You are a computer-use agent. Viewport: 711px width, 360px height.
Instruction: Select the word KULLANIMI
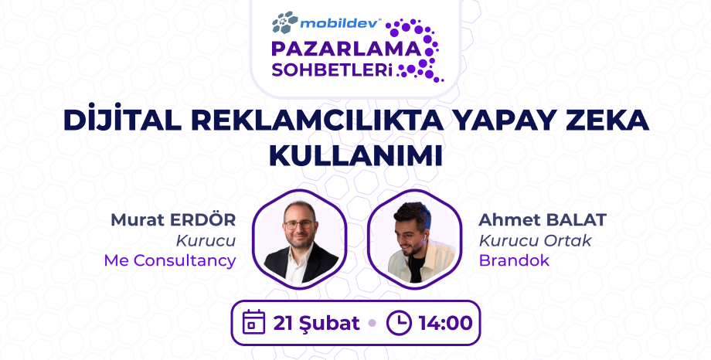point(355,153)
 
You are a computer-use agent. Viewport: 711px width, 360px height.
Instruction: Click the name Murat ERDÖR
point(173,219)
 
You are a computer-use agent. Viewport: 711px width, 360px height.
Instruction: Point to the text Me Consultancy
point(170,260)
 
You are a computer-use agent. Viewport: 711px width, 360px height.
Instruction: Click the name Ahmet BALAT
point(543,219)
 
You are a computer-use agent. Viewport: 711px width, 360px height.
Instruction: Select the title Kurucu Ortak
point(535,240)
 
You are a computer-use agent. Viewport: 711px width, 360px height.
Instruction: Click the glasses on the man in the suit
point(299,225)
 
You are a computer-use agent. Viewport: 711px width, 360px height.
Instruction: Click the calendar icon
point(253,321)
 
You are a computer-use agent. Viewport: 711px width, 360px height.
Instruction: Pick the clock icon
point(398,322)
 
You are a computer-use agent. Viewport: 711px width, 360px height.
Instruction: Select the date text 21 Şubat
point(316,322)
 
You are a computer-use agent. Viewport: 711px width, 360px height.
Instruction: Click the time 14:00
point(445,322)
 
